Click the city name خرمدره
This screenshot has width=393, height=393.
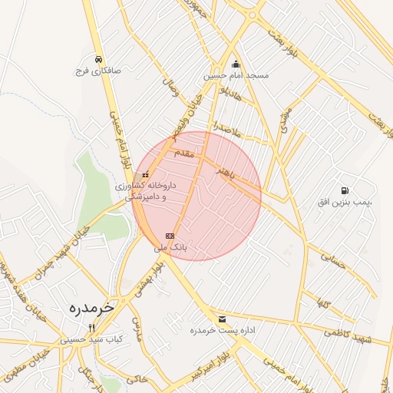(x=91, y=307)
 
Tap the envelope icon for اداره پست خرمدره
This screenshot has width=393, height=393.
(x=223, y=319)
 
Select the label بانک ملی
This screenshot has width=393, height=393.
(x=170, y=248)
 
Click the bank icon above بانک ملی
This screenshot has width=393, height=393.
(x=170, y=236)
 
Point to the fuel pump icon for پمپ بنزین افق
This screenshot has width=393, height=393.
(x=343, y=190)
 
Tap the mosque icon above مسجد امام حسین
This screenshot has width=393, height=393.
(x=236, y=64)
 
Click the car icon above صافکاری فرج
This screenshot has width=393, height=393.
(x=98, y=58)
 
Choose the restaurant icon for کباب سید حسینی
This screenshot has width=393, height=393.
(x=92, y=328)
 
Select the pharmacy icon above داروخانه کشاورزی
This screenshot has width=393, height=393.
(x=146, y=175)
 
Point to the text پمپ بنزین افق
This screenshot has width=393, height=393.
(x=345, y=201)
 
